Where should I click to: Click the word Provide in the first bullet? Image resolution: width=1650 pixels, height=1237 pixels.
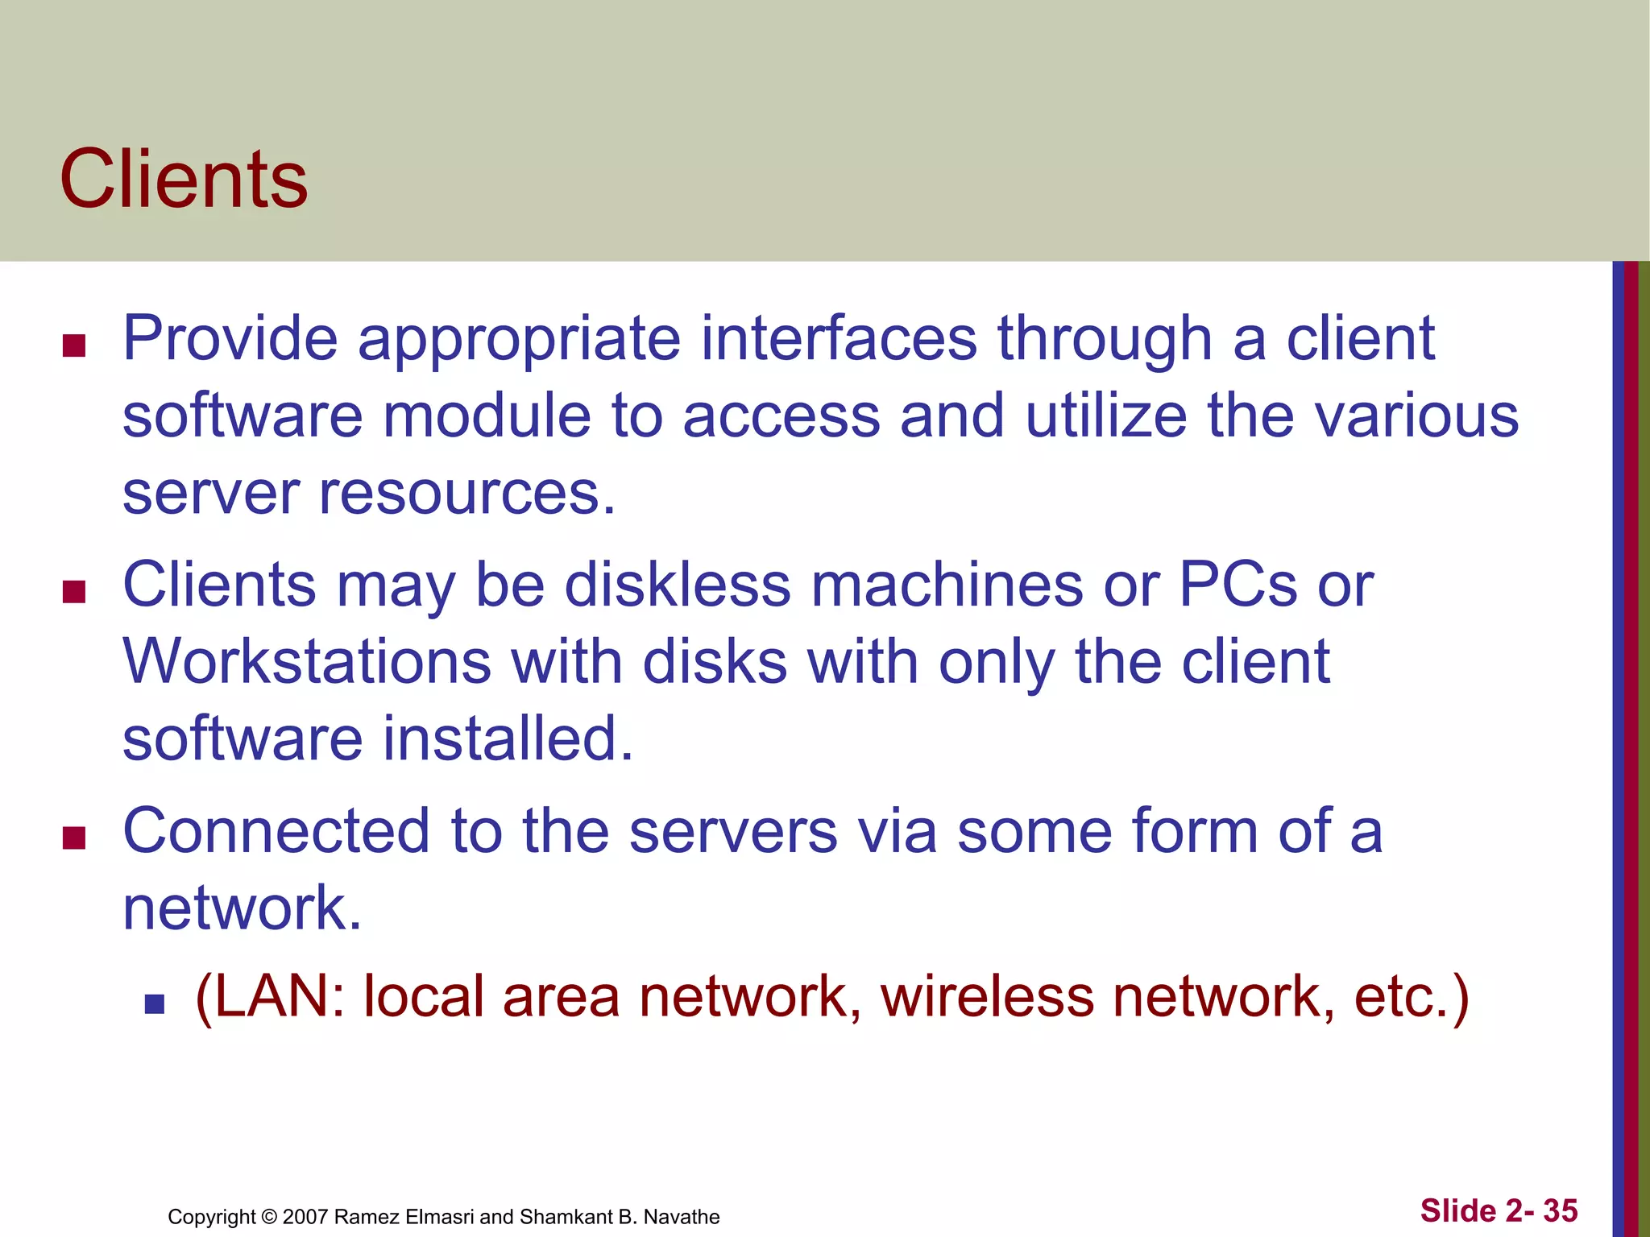pos(230,338)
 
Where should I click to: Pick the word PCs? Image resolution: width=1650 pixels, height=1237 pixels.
pos(1237,585)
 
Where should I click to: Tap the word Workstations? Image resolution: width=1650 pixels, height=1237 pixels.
pos(306,662)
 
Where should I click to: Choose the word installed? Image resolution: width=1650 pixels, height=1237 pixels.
pos(508,738)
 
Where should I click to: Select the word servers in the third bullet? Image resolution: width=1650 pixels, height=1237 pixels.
pos(732,831)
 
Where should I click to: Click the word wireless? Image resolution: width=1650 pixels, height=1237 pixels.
pos(987,997)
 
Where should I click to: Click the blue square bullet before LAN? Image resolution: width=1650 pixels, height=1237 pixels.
pos(154,1003)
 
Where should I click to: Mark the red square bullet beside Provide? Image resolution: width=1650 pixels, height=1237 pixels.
pos(74,345)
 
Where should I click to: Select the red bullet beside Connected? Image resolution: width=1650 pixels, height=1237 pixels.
pos(74,838)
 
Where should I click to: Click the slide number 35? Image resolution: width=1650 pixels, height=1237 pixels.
pos(1561,1210)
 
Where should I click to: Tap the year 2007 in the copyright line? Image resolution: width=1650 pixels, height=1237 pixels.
pos(305,1217)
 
